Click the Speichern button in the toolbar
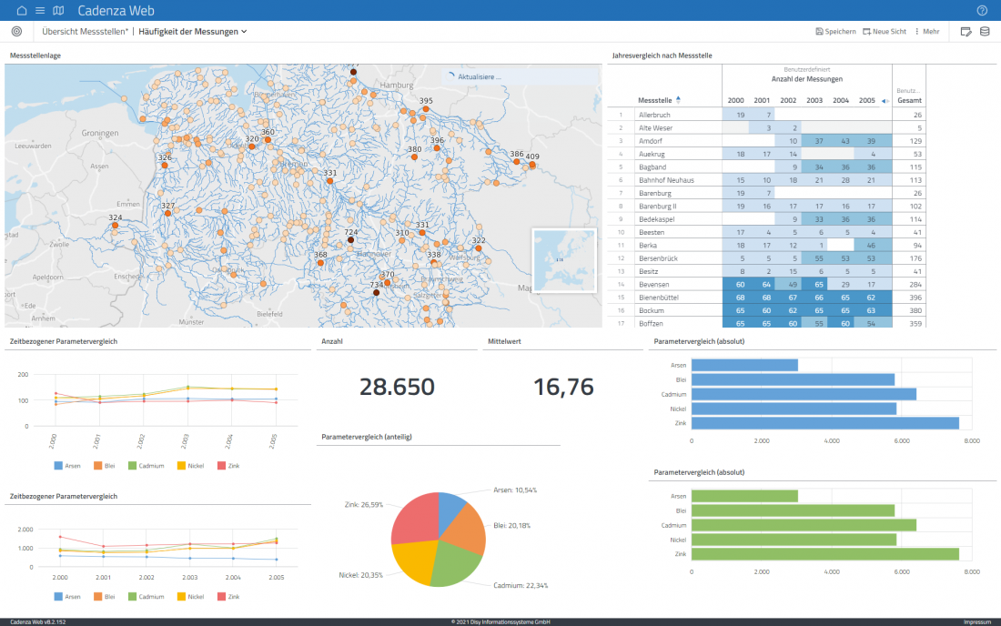835,31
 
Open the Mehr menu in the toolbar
926,31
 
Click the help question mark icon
982,10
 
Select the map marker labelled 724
351,241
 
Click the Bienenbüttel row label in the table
660,298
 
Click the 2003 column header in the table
814,100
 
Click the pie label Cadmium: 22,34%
521,585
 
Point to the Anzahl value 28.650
397,387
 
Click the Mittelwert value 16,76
562,387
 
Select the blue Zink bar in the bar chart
824,422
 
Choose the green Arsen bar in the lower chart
744,496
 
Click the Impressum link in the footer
977,621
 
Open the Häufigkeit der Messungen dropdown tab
193,31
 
